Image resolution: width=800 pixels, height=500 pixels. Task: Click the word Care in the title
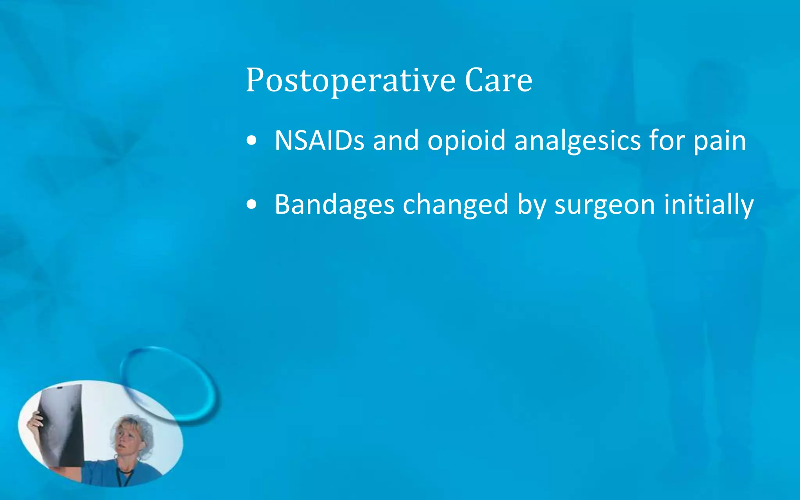498,81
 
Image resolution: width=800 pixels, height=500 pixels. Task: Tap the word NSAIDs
319,140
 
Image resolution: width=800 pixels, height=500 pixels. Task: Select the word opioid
466,140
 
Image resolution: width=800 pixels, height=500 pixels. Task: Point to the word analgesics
577,140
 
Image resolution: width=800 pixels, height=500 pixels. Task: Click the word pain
720,140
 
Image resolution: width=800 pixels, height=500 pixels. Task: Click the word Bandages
334,204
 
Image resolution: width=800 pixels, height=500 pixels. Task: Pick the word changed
455,204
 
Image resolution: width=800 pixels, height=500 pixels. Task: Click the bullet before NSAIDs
252,141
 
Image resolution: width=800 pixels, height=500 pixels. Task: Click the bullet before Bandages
252,205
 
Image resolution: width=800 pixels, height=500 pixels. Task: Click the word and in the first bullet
396,140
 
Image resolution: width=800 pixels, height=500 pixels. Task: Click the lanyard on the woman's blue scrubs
124,477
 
